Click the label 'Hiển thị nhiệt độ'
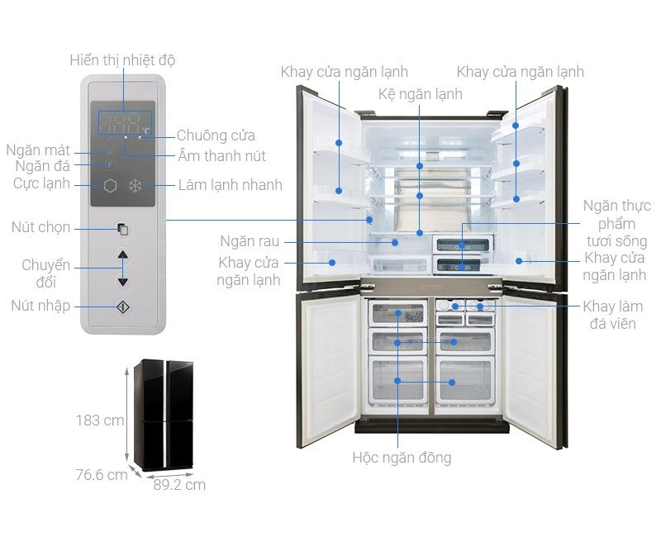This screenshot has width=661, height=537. coord(122,60)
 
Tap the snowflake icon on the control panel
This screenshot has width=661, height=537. coord(136,185)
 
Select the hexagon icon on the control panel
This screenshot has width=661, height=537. coord(110,185)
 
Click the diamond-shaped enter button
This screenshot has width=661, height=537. coord(122,307)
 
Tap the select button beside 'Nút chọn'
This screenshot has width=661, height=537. coord(122,230)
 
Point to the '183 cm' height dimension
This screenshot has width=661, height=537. coord(100,421)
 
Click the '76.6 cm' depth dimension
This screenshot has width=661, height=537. coord(102,474)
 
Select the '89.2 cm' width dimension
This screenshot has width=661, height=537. coord(179,485)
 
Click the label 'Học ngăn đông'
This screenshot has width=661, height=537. coord(402,458)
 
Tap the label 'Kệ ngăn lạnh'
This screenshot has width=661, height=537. coord(421,94)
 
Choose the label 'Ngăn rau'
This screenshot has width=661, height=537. coord(250,241)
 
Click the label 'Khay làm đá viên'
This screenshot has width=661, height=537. coord(613,315)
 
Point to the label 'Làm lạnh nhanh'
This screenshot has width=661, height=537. coord(231,184)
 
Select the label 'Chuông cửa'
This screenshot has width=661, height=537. coord(216,135)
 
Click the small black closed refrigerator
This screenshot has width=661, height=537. coord(164,415)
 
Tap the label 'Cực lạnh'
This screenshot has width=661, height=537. coord(41,183)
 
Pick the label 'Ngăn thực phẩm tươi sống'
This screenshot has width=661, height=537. coord(616,223)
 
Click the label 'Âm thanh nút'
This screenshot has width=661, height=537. coord(221,156)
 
